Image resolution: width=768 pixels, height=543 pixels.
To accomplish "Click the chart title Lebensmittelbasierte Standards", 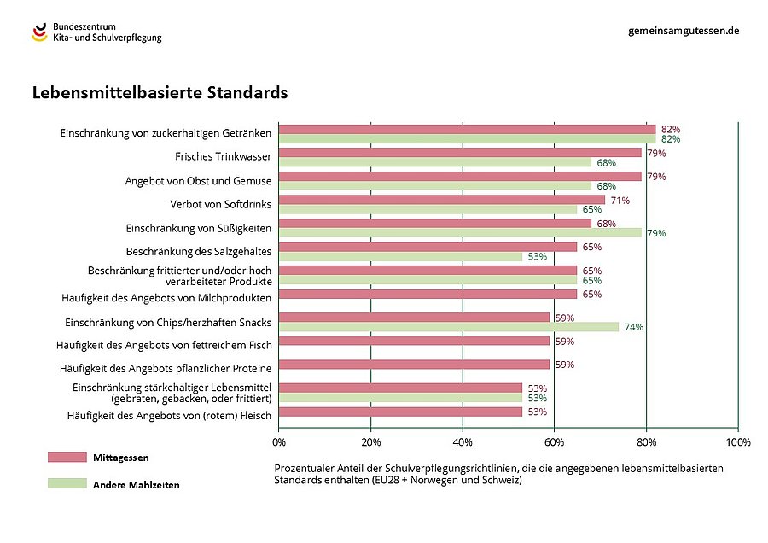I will pyautogui.click(x=160, y=92).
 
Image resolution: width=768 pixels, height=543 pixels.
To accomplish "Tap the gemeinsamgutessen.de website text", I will pyautogui.click(x=683, y=30).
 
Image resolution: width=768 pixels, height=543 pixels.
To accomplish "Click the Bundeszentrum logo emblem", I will pyautogui.click(x=40, y=32).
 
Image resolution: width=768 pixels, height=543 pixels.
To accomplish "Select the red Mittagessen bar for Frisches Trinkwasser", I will pyautogui.click(x=460, y=153).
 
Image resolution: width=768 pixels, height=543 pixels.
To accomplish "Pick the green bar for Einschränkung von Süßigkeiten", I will pyautogui.click(x=460, y=232).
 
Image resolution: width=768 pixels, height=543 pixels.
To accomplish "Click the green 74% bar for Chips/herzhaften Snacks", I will pyautogui.click(x=448, y=326).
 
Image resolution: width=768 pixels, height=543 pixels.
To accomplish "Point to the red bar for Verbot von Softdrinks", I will pyautogui.click(x=441, y=200).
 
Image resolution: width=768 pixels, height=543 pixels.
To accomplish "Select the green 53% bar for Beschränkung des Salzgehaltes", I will pyautogui.click(x=400, y=256).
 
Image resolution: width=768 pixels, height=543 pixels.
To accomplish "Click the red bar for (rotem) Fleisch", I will pyautogui.click(x=400, y=412).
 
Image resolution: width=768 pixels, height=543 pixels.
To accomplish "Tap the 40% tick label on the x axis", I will pyautogui.click(x=463, y=442).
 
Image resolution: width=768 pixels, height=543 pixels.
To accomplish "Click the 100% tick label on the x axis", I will pyautogui.click(x=737, y=442).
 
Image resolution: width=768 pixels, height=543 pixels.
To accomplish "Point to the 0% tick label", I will pyautogui.click(x=279, y=442).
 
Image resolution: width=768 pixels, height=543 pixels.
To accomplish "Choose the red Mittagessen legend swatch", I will pyautogui.click(x=67, y=458).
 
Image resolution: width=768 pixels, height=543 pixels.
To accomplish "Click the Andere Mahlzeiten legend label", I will pyautogui.click(x=136, y=484).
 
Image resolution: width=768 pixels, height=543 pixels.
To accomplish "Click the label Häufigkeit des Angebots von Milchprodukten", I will pyautogui.click(x=166, y=297).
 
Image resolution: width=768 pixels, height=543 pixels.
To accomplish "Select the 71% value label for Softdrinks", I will pyautogui.click(x=620, y=200).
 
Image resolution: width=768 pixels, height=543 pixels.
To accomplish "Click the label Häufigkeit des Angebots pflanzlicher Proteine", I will pyautogui.click(x=166, y=368).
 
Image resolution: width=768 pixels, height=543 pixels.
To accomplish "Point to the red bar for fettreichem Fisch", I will pyautogui.click(x=414, y=341).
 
